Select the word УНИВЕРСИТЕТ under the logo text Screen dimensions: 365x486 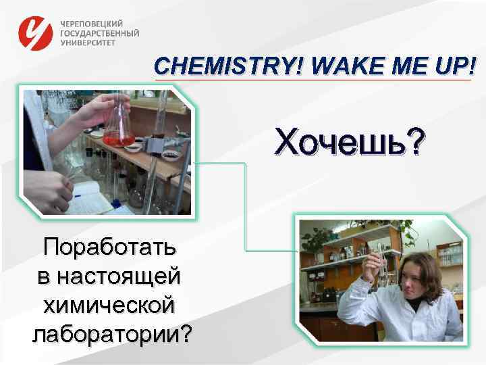[88, 42]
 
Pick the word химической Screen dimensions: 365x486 [110, 305]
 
